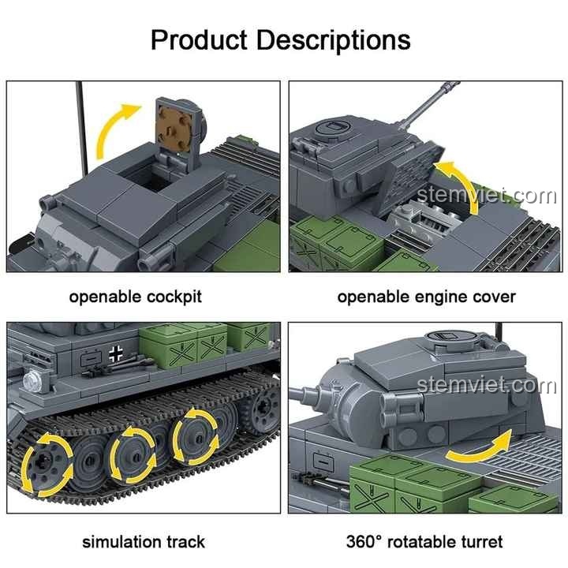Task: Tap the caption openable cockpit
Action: (135, 297)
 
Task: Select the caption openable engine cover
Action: (426, 297)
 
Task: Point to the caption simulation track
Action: (143, 542)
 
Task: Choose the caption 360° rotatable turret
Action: (424, 542)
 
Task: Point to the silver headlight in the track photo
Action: (32, 381)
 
